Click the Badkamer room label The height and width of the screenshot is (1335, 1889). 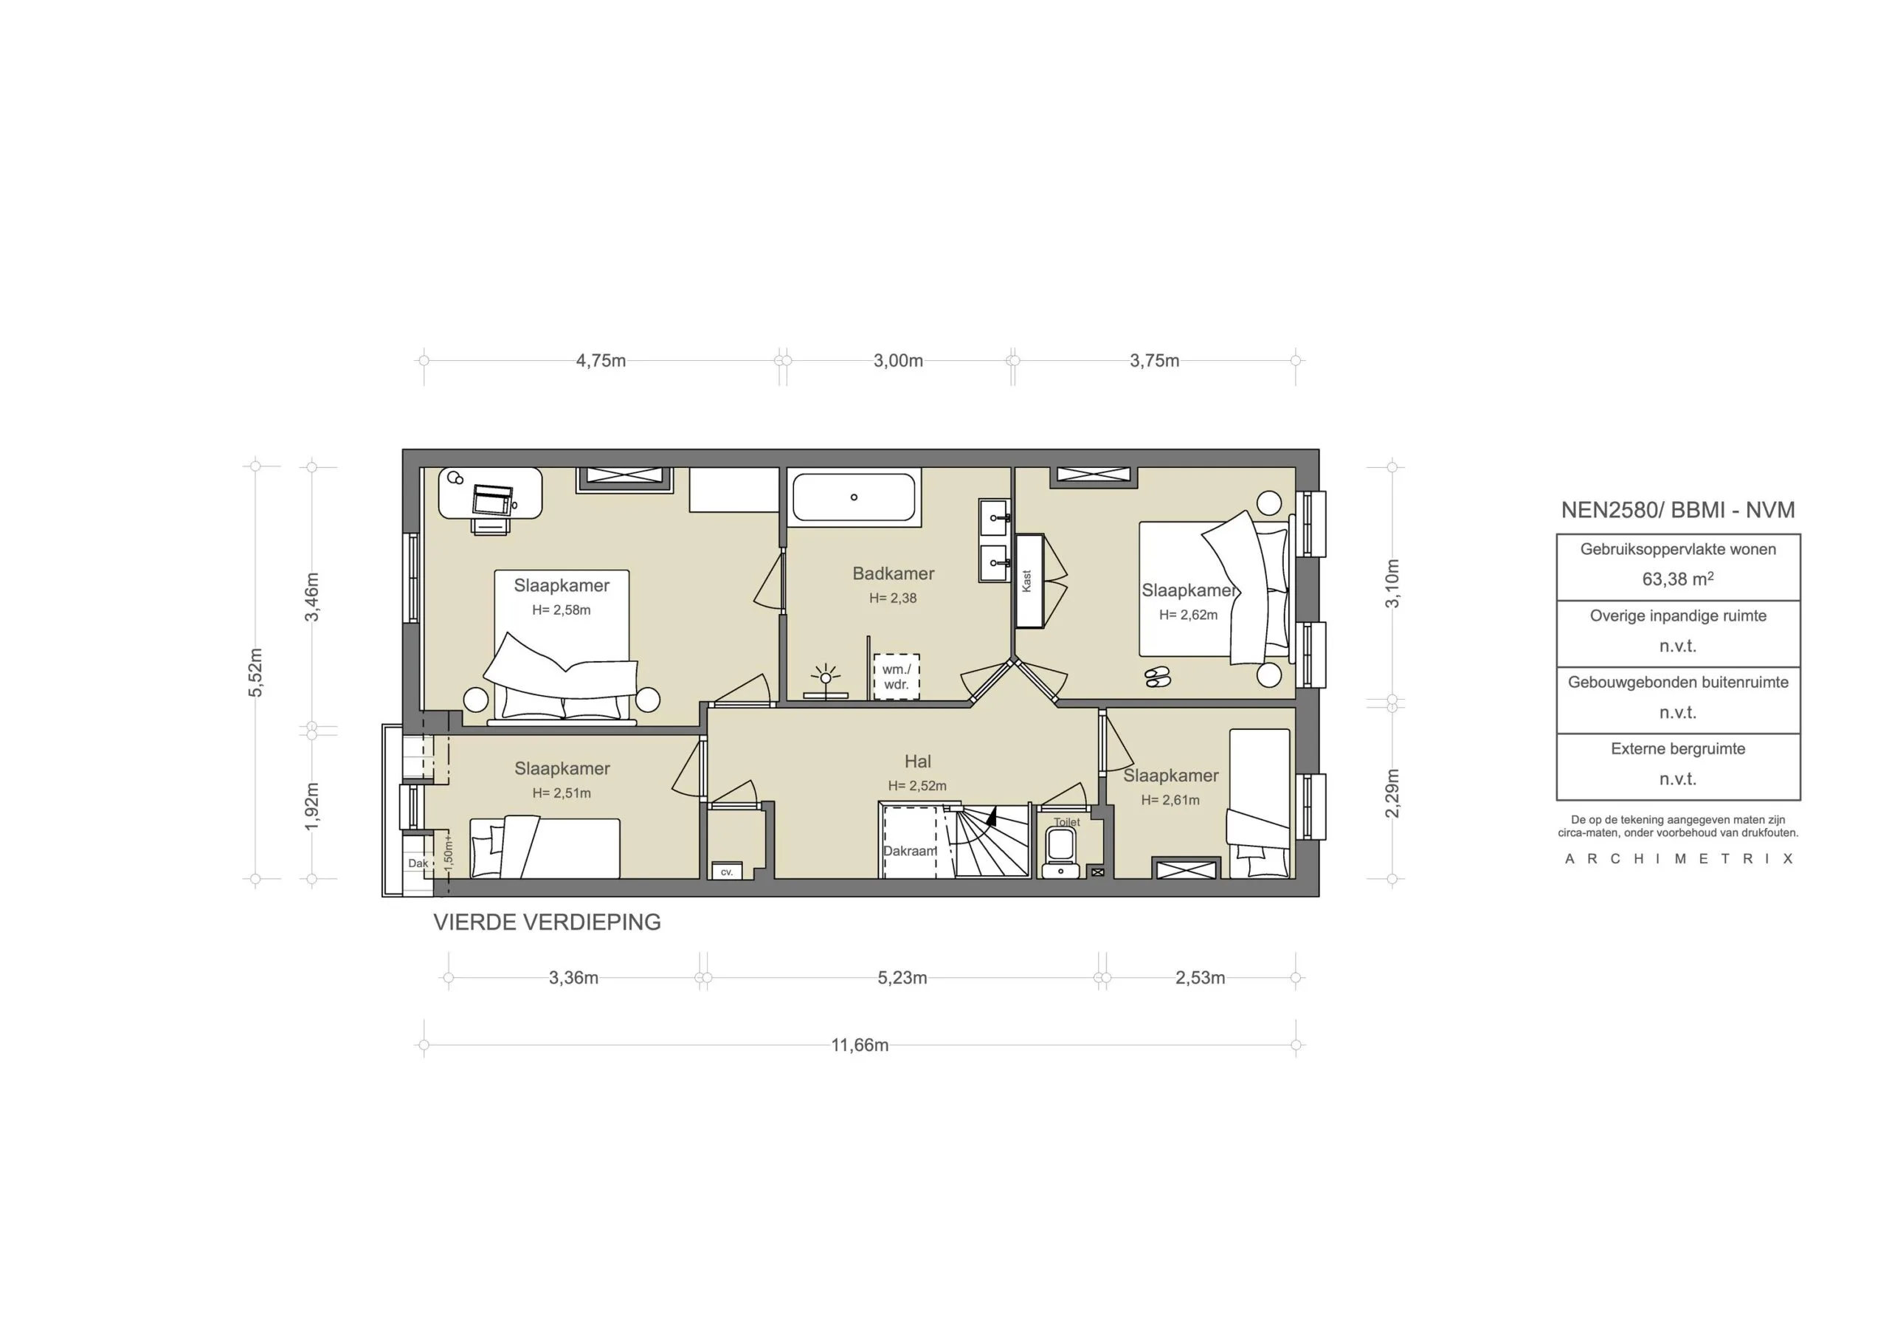pos(893,573)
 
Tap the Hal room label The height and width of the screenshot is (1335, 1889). pos(917,762)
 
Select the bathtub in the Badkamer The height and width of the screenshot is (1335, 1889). pos(853,497)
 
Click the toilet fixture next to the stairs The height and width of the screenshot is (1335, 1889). pos(1060,851)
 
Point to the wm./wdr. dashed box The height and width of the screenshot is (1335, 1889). pos(896,677)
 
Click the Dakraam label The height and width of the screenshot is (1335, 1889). pos(909,851)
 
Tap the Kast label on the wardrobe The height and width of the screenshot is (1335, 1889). pos(1026,581)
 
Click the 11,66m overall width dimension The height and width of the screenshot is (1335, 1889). pos(859,1045)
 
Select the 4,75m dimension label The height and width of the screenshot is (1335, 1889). pos(601,360)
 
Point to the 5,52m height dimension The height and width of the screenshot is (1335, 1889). pos(256,672)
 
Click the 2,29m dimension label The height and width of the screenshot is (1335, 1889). pos(1392,793)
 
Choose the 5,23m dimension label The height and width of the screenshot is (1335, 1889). pos(902,978)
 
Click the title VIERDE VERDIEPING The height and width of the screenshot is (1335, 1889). pos(547,922)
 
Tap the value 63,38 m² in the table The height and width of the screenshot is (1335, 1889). pos(1676,579)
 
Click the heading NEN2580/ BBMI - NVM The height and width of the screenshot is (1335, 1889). pos(1677,509)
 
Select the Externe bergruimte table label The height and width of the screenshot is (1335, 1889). pos(1677,749)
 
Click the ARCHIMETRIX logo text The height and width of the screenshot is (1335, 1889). pos(1677,858)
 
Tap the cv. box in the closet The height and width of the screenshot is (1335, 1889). pos(727,872)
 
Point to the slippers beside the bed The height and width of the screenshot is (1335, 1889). pos(1158,677)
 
